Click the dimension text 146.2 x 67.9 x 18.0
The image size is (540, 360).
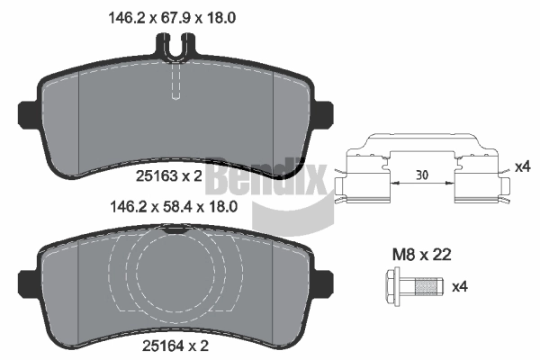pyautogui.click(x=172, y=18)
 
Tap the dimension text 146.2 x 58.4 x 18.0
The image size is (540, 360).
pyautogui.click(x=173, y=207)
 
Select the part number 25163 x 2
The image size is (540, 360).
pyautogui.click(x=169, y=176)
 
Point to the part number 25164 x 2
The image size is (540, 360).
pyautogui.click(x=175, y=346)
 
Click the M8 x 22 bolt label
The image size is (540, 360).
pyautogui.click(x=421, y=255)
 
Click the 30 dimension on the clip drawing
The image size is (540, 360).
pyautogui.click(x=422, y=175)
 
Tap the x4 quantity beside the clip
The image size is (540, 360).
pyautogui.click(x=522, y=167)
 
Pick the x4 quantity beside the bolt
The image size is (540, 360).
pyautogui.click(x=459, y=286)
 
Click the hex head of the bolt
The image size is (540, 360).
pyautogui.click(x=391, y=286)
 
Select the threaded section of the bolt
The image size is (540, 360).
pyautogui.click(x=427, y=286)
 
